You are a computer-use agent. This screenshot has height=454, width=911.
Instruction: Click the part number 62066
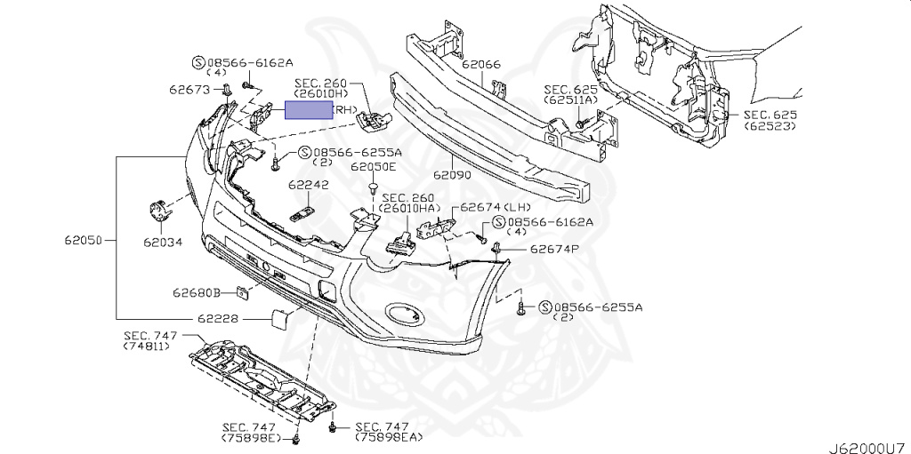(480, 65)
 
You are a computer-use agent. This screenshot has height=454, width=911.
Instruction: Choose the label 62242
(308, 186)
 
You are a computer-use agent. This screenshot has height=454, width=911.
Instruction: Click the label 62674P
(554, 250)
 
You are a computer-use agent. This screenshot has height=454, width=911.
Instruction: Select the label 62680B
(196, 291)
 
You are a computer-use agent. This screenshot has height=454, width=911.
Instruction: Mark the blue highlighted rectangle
(307, 110)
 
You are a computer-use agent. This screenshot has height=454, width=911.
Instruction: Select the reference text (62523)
(770, 127)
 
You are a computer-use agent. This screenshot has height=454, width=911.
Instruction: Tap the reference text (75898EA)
(388, 438)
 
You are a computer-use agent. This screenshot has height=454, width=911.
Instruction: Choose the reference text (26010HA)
(407, 208)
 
